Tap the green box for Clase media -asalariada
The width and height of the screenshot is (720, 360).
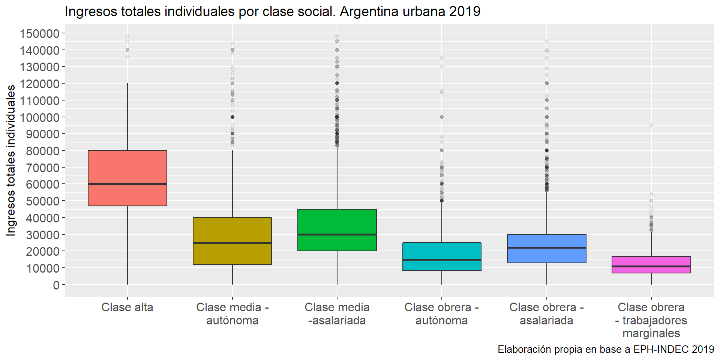pyautogui.click(x=337, y=221)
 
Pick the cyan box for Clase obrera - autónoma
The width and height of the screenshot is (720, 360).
pyautogui.click(x=442, y=251)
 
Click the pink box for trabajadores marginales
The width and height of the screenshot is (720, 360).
pyautogui.click(x=651, y=261)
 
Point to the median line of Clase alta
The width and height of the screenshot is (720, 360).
pyautogui.click(x=127, y=184)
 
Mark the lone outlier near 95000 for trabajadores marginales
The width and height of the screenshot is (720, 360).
pyautogui.click(x=651, y=125)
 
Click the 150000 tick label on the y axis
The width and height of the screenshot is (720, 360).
pyautogui.click(x=40, y=34)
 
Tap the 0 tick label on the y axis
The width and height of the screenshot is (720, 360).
pyautogui.click(x=56, y=285)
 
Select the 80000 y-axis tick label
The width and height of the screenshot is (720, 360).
pyautogui.click(x=43, y=151)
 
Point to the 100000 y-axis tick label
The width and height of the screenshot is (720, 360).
pyautogui.click(x=40, y=118)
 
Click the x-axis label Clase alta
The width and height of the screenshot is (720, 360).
pyautogui.click(x=127, y=307)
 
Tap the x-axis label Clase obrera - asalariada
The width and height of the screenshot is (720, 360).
pyautogui.click(x=546, y=314)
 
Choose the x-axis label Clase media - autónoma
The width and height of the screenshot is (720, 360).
pyautogui.click(x=232, y=314)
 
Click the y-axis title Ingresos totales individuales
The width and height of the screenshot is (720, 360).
pyautogui.click(x=11, y=160)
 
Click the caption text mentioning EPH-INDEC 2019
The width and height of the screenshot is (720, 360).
pyautogui.click(x=606, y=349)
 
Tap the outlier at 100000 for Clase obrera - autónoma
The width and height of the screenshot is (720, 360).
pyautogui.click(x=442, y=117)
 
